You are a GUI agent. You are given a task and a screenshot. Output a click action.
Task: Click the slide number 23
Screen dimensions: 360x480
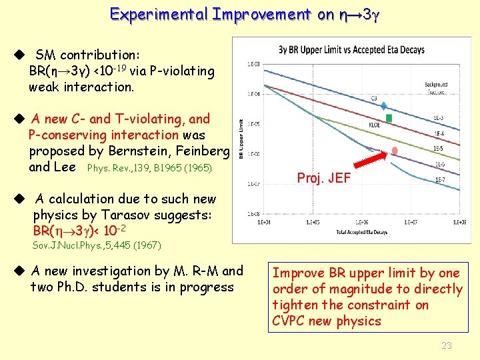(x=447, y=345)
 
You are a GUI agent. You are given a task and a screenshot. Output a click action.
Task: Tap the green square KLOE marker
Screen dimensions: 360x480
(x=389, y=118)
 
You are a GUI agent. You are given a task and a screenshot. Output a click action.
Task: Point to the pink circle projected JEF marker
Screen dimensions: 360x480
(x=395, y=151)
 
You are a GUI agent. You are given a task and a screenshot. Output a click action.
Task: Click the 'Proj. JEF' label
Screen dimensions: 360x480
(x=323, y=178)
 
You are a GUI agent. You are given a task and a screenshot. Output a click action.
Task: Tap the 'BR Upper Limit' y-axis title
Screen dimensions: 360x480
(x=240, y=138)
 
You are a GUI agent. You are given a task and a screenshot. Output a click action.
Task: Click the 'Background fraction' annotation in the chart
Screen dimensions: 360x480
(x=435, y=87)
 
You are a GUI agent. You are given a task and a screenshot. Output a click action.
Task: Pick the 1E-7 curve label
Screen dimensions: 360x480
(x=440, y=179)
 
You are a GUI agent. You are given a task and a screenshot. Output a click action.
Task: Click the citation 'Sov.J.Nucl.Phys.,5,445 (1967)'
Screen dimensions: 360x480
(x=97, y=245)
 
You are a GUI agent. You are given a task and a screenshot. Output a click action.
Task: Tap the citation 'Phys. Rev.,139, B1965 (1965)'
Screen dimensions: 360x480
(x=149, y=168)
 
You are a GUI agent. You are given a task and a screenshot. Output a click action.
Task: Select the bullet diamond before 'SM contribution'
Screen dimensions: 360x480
(x=20, y=55)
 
